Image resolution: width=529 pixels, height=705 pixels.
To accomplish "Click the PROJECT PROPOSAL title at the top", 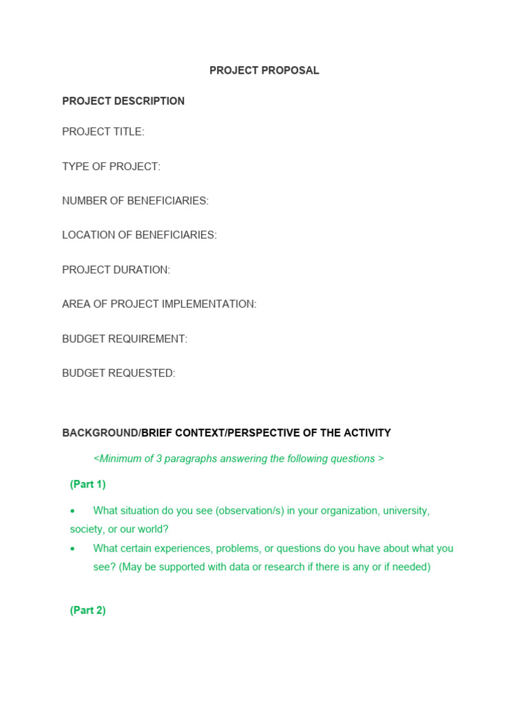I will (264, 71).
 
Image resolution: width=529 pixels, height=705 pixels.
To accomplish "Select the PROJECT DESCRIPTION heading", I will (123, 101).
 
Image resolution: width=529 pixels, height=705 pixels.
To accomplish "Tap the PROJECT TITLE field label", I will (103, 132).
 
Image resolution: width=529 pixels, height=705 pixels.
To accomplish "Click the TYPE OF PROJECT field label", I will (111, 167).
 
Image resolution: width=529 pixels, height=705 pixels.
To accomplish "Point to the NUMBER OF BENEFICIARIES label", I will (135, 201).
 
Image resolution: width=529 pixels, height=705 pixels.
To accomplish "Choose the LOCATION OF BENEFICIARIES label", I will (139, 235).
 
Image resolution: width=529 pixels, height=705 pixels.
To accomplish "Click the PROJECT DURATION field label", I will (116, 270).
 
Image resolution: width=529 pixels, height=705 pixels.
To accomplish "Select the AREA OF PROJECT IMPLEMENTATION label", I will (159, 304).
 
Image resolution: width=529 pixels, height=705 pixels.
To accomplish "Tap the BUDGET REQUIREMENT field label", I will (125, 339).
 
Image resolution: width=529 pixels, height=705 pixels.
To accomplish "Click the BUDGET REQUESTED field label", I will (118, 373).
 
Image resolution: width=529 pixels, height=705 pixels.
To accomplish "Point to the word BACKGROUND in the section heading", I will (100, 433).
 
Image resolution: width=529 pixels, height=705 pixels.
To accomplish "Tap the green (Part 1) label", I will (87, 485).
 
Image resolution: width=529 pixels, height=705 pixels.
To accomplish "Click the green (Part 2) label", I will (87, 611).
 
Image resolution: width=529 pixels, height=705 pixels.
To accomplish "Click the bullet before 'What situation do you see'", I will (72, 512).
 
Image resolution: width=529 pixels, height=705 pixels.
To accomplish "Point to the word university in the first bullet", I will (406, 511).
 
